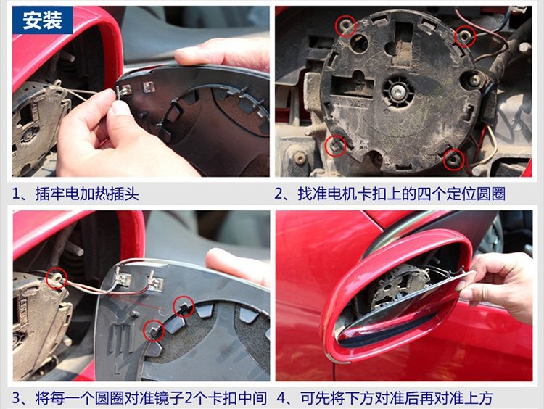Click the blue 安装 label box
click(x=42, y=20)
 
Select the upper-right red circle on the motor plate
click(x=465, y=36)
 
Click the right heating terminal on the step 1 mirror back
click(x=149, y=87)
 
